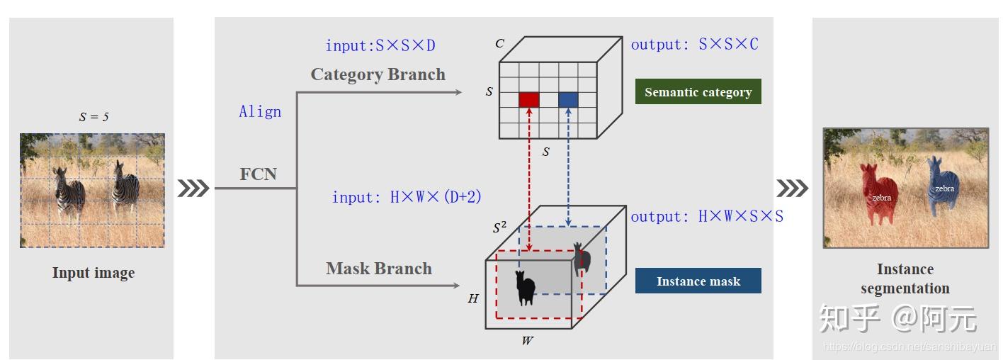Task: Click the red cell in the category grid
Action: pyautogui.click(x=529, y=100)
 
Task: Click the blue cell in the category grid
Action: pyautogui.click(x=568, y=100)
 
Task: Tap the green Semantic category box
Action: pyautogui.click(x=698, y=92)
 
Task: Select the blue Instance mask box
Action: pyautogui.click(x=698, y=281)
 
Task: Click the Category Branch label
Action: pyautogui.click(x=378, y=74)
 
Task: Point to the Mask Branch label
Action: pyautogui.click(x=379, y=269)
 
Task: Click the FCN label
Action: pyautogui.click(x=258, y=174)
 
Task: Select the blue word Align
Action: pyautogui.click(x=260, y=112)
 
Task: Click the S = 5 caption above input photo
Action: pyautogui.click(x=93, y=117)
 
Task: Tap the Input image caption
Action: pyautogui.click(x=93, y=273)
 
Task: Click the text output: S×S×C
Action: pyautogui.click(x=694, y=45)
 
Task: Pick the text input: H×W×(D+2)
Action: pyautogui.click(x=407, y=198)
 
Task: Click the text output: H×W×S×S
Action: pyautogui.click(x=707, y=217)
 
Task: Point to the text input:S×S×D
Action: pyautogui.click(x=380, y=46)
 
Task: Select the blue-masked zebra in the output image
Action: pyautogui.click(x=942, y=186)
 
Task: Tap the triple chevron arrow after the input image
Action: pyautogui.click(x=193, y=188)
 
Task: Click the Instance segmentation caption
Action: pyautogui.click(x=905, y=279)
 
